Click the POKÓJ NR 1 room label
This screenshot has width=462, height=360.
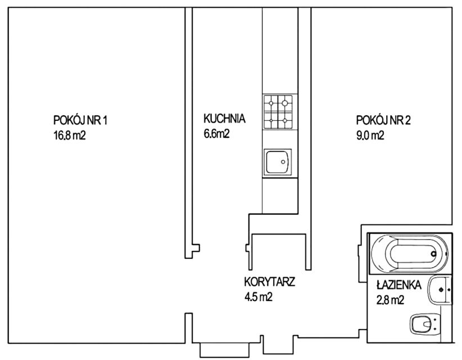click(x=80, y=120)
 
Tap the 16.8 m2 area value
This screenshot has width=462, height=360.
click(x=70, y=136)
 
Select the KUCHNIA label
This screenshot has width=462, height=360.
click(x=224, y=118)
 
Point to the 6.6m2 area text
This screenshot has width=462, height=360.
click(x=216, y=133)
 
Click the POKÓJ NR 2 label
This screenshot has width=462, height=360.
click(x=383, y=120)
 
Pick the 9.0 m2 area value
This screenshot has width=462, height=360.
click(x=370, y=136)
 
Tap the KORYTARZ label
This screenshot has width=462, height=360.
click(x=270, y=282)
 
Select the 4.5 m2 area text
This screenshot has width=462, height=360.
click(x=258, y=297)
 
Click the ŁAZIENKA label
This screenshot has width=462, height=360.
click(x=399, y=285)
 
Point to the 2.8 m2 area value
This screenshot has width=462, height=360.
click(x=390, y=300)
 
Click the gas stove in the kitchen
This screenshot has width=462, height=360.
click(x=278, y=112)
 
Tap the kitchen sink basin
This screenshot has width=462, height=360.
click(x=277, y=162)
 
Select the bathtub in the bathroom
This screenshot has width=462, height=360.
click(x=410, y=253)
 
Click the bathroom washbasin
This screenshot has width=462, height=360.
click(x=440, y=290)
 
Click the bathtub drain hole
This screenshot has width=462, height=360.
click(x=433, y=253)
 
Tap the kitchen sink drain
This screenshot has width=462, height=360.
click(x=283, y=162)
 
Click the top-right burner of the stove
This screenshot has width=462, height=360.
click(x=284, y=103)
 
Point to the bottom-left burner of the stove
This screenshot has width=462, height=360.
click(x=271, y=120)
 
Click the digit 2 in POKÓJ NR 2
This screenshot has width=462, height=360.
click(x=407, y=120)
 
